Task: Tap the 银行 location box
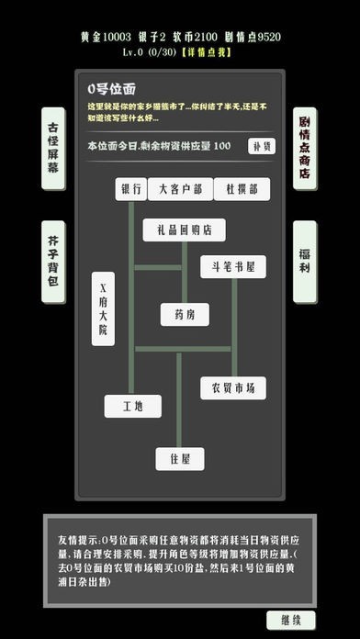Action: pos(130,190)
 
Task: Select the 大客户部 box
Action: pos(180,190)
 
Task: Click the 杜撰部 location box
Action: pos(242,190)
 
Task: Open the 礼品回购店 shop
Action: pos(184,230)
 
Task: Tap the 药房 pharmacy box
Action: pos(184,314)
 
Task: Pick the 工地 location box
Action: pos(132,405)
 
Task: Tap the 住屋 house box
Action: pos(180,457)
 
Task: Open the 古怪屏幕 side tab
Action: pos(54,148)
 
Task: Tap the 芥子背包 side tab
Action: pos(54,262)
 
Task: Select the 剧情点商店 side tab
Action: pos(306,148)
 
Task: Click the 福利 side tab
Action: pos(306,262)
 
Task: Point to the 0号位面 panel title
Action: pos(111,89)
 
